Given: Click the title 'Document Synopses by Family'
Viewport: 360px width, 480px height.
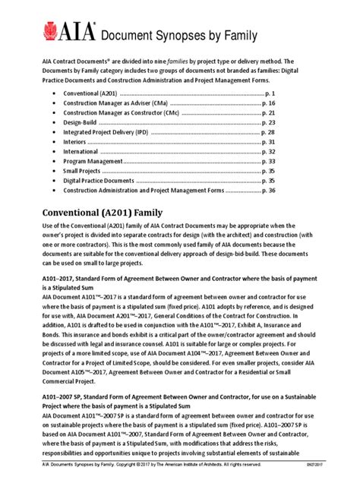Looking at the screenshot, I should coord(174,35).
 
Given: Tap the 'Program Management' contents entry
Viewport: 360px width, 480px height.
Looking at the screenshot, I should coord(91,161).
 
